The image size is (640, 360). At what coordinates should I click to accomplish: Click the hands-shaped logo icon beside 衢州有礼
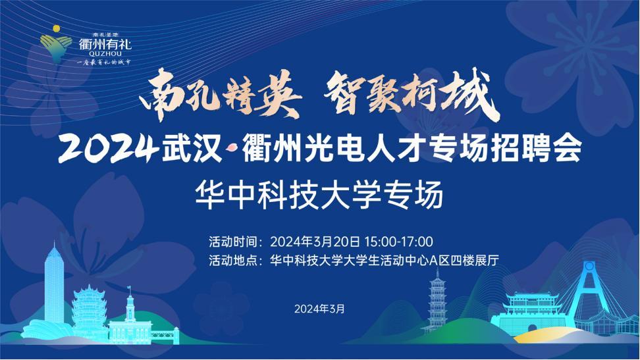(x=55, y=44)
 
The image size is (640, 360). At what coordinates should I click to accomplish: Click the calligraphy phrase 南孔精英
(x=220, y=95)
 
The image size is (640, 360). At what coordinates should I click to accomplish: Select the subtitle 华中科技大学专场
(x=319, y=195)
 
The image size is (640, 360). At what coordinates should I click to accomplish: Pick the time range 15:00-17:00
(x=399, y=242)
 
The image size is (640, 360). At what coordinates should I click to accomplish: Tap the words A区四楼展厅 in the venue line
(x=464, y=261)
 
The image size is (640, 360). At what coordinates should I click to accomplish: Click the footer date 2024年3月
(x=319, y=309)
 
